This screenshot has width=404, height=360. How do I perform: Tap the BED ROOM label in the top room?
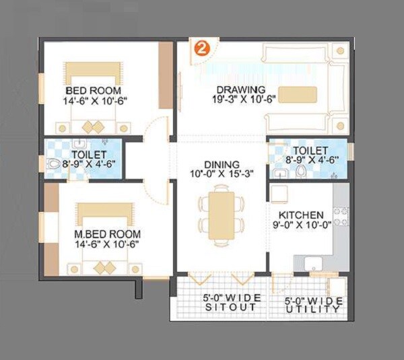tap(94, 90)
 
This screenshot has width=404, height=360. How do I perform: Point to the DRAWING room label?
tap(240, 89)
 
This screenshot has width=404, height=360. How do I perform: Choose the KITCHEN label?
tap(300, 215)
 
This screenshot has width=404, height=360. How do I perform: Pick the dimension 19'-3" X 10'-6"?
tap(240, 100)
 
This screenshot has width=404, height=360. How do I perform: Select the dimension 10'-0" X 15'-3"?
tap(222, 174)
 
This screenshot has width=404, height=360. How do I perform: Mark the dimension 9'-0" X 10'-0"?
tap(300, 225)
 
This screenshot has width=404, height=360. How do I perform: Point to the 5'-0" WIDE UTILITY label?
tap(313, 304)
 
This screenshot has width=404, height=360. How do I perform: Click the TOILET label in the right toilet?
tap(310, 150)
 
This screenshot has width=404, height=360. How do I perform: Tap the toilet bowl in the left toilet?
tap(53, 164)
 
